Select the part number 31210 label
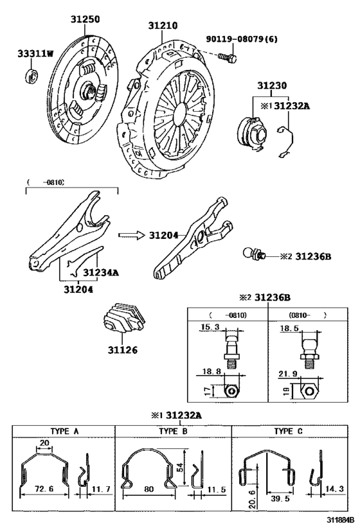point(163,26)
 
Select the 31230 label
point(272,85)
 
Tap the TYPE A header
point(65,432)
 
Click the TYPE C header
point(289,432)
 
